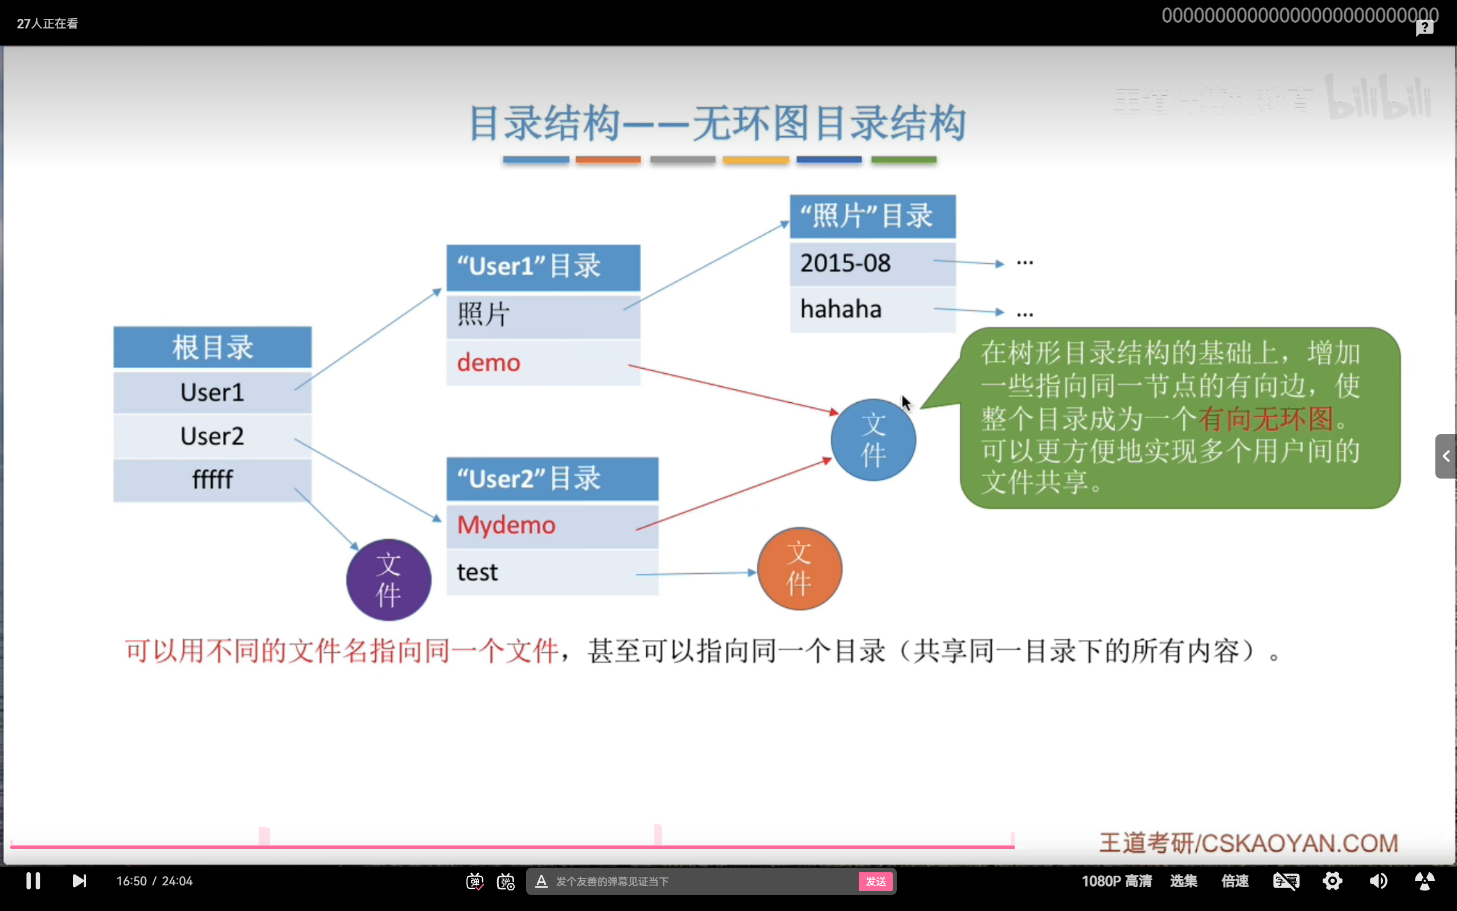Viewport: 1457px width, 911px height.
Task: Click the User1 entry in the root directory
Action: (212, 392)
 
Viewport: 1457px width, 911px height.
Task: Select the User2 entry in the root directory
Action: (212, 436)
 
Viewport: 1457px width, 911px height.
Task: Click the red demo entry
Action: (489, 363)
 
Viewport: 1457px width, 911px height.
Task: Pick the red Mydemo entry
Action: (506, 525)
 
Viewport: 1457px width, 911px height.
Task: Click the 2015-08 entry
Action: (845, 263)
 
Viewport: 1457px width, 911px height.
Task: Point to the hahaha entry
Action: (840, 309)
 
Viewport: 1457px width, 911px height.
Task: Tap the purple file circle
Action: (388, 579)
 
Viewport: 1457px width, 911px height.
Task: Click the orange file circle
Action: (799, 569)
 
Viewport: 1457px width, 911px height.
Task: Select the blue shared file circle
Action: (873, 440)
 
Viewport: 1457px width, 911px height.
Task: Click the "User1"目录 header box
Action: (543, 267)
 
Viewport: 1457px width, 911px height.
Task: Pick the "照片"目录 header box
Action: (872, 216)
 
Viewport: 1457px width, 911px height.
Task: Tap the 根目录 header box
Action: (212, 348)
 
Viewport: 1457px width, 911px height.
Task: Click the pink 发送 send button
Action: (876, 881)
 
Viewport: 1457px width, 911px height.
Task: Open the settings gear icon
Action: (1332, 881)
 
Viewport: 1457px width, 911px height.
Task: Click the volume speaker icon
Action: (1378, 881)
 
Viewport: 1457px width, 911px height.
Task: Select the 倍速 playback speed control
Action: (1235, 881)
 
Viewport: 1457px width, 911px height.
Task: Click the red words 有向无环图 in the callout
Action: (1266, 419)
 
